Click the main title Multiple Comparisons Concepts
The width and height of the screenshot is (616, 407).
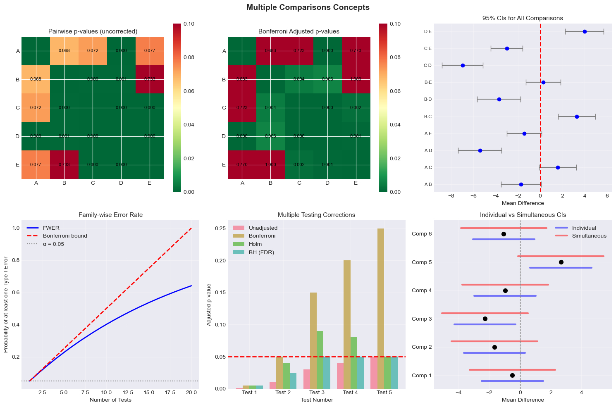(308, 7)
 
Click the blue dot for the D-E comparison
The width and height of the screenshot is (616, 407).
(585, 31)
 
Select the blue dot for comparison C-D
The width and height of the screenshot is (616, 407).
(463, 65)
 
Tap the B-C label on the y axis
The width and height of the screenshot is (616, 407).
(428, 117)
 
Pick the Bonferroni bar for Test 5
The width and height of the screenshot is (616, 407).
(381, 308)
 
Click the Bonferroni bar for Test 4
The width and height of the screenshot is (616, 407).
(347, 324)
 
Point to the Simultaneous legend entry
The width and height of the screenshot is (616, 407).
(589, 236)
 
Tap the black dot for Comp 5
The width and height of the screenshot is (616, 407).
(561, 262)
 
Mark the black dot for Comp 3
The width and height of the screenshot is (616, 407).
(485, 319)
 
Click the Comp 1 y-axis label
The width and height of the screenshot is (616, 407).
(422, 375)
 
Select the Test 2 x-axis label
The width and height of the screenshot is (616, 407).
(283, 392)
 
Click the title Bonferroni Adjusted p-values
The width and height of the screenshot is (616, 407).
(299, 31)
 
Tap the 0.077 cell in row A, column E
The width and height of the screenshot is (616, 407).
(150, 51)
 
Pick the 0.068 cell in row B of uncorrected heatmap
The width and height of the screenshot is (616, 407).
(36, 79)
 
